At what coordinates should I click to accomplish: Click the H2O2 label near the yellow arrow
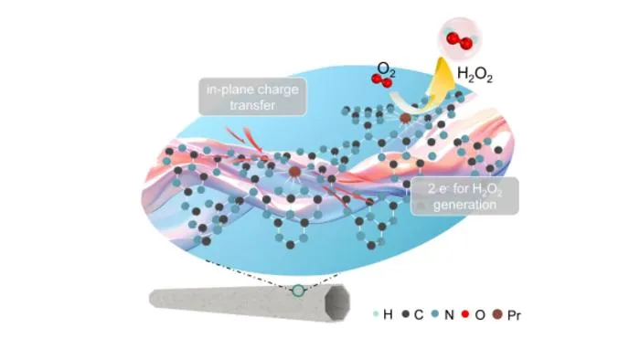tap(475, 75)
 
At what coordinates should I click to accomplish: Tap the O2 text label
tap(386, 69)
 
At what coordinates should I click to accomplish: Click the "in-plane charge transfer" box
tap(252, 97)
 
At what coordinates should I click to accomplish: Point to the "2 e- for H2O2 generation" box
tap(464, 196)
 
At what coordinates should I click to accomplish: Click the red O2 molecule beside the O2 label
tap(381, 80)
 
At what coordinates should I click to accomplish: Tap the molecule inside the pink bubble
tap(459, 39)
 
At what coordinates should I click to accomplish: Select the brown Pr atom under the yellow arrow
tap(405, 118)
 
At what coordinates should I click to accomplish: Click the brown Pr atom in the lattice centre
tap(294, 172)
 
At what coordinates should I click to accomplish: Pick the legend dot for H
tap(376, 314)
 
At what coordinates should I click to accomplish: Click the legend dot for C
tap(405, 314)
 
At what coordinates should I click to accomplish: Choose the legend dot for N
tap(435, 314)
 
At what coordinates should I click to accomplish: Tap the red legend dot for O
tap(465, 314)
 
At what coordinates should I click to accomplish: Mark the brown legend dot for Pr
tap(496, 314)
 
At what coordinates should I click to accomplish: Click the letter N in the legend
tap(449, 314)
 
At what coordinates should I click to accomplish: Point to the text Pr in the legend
tap(514, 314)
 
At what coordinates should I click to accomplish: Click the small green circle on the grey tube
tap(298, 291)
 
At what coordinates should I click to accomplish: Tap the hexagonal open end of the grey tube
tap(337, 303)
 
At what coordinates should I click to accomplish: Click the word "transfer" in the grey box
tap(252, 105)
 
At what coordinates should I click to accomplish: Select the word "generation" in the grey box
tap(464, 205)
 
